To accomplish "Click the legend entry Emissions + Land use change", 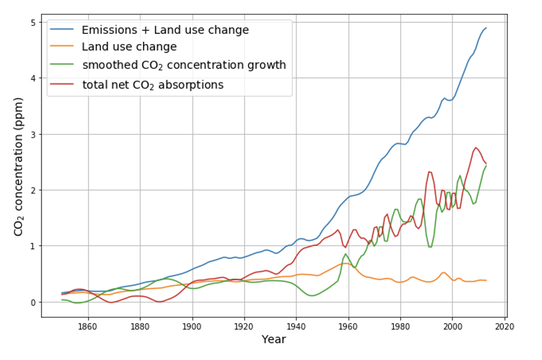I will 165,30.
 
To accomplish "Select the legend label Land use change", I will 129,47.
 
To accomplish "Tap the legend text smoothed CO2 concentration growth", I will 184,65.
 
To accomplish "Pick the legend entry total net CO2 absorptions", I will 153,85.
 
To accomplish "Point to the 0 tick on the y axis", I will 33,302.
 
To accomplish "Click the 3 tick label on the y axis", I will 33,134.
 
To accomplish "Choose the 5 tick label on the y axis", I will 33,22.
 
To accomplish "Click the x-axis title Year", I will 273,339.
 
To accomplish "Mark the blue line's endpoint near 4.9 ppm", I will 486,28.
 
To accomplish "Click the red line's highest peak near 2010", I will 476,147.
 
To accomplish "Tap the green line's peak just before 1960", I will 346,254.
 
